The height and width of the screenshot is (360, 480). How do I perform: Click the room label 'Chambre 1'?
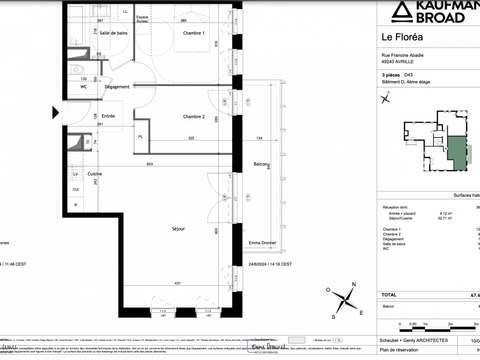pos(193,34)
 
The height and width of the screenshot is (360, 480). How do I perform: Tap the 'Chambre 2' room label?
pos(193,117)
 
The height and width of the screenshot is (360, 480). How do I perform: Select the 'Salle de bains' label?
pos(113,33)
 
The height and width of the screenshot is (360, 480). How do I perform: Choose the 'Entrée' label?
pos(108,116)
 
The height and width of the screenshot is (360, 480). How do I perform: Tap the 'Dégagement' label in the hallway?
pos(117,87)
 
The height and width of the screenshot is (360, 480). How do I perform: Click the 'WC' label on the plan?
pos(84,86)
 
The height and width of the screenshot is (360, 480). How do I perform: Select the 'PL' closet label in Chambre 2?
pos(141,136)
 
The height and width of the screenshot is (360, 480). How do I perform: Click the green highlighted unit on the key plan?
pos(456,153)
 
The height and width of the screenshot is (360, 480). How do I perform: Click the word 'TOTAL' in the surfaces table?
pos(390,295)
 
